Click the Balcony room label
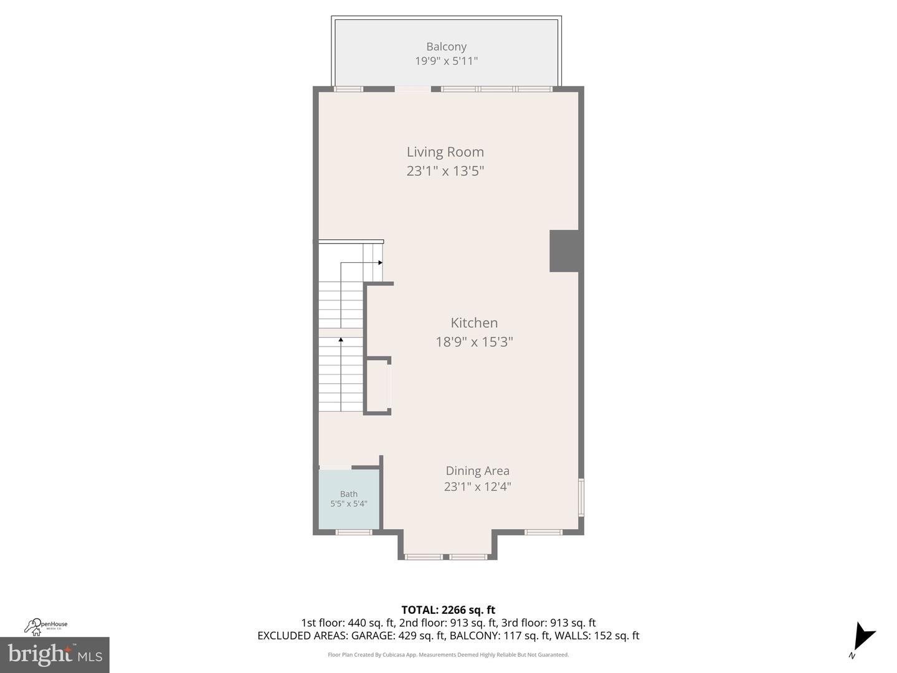pyautogui.click(x=446, y=47)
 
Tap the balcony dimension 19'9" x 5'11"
pyautogui.click(x=446, y=61)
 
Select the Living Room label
pyautogui.click(x=445, y=152)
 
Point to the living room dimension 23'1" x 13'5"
pyautogui.click(x=445, y=171)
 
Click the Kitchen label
pyautogui.click(x=474, y=323)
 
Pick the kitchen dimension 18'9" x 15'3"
pyautogui.click(x=474, y=341)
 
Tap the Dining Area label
pyautogui.click(x=477, y=471)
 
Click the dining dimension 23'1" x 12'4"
pyautogui.click(x=477, y=487)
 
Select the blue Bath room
pyautogui.click(x=349, y=499)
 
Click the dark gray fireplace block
pyautogui.click(x=565, y=251)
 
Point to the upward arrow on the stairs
pyautogui.click(x=341, y=340)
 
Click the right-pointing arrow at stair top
pyautogui.click(x=379, y=263)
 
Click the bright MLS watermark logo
pyautogui.click(x=55, y=654)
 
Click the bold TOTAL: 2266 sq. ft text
pyautogui.click(x=448, y=610)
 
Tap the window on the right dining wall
pyautogui.click(x=581, y=497)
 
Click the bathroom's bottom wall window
pyautogui.click(x=354, y=532)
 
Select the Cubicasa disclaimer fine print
pyautogui.click(x=448, y=655)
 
